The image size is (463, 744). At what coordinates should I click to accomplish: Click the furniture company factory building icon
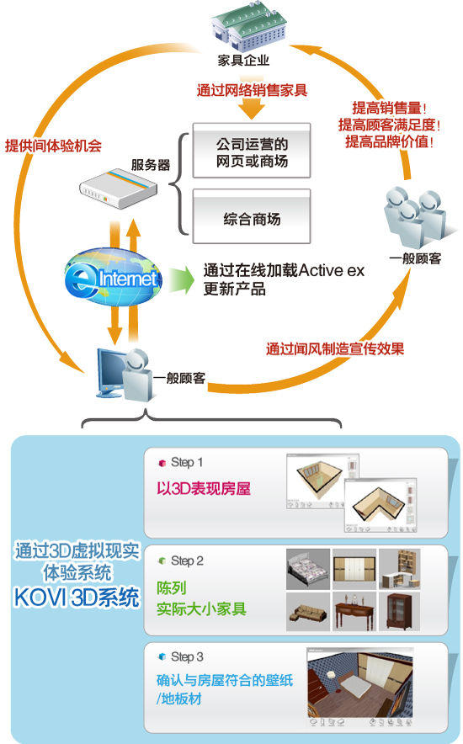pyautogui.click(x=247, y=28)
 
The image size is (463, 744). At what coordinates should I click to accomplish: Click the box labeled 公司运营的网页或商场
pyautogui.click(x=252, y=151)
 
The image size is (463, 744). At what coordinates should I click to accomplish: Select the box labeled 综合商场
pyautogui.click(x=252, y=216)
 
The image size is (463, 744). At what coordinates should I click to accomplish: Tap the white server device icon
pyautogui.click(x=118, y=189)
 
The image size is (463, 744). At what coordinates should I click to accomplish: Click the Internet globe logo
pyautogui.click(x=113, y=277)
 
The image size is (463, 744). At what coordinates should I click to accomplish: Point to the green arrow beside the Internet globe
pyautogui.click(x=181, y=280)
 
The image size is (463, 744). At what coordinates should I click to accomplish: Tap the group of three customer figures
pyautogui.click(x=414, y=216)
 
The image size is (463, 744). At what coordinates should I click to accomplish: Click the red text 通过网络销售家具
pyautogui.click(x=252, y=90)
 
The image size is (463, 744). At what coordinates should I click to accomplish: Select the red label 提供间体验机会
pyautogui.click(x=54, y=146)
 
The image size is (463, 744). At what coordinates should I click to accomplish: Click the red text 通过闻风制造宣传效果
pyautogui.click(x=335, y=348)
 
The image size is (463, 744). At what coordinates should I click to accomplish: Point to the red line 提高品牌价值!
pyautogui.click(x=389, y=141)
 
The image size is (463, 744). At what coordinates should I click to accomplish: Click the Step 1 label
pyautogui.click(x=187, y=462)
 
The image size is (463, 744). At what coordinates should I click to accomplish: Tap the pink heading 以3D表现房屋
pyautogui.click(x=204, y=488)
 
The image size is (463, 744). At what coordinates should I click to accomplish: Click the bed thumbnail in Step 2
pyautogui.click(x=308, y=568)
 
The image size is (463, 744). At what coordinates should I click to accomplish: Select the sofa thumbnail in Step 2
pyautogui.click(x=308, y=611)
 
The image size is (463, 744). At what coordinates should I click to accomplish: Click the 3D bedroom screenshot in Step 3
pyautogui.click(x=360, y=687)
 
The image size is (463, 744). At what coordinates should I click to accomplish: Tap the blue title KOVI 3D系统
pyautogui.click(x=77, y=598)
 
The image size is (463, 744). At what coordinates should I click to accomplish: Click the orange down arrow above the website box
pyautogui.click(x=252, y=109)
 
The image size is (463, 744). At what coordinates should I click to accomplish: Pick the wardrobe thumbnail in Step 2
pyautogui.click(x=354, y=568)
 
